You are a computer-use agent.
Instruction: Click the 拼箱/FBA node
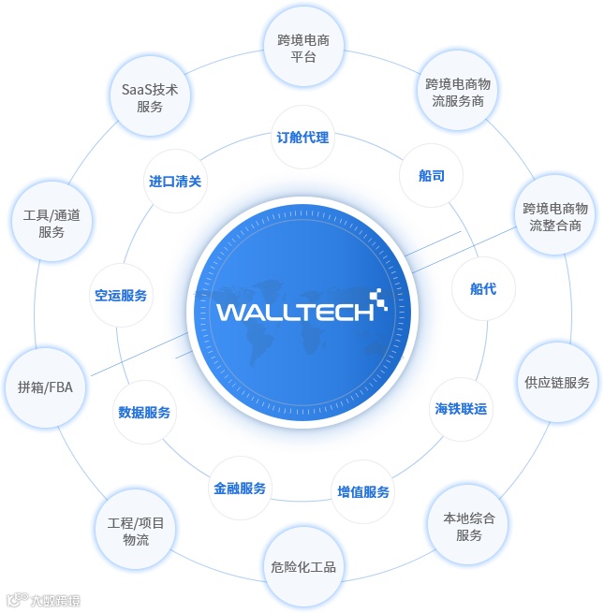point(45,387)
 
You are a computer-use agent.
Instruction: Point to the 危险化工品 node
point(302,566)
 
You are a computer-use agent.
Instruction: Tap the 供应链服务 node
point(557,383)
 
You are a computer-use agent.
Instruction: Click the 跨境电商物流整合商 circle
point(555,216)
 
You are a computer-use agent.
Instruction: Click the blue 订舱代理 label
point(302,138)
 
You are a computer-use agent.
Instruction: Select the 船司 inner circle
point(432,175)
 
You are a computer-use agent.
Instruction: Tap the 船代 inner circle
point(483,289)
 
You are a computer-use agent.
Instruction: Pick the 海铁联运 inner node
point(461,409)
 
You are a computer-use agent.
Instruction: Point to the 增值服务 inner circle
point(363,491)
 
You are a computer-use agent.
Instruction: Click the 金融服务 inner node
point(240,488)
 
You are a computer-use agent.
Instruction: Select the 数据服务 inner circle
point(144,412)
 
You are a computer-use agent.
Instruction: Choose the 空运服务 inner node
point(121,295)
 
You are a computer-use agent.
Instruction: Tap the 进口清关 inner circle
point(175,182)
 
